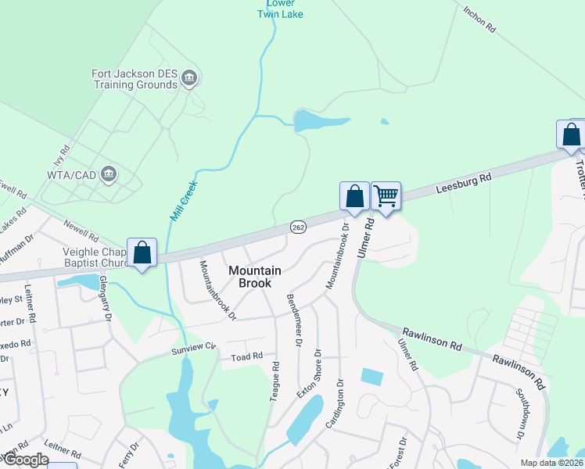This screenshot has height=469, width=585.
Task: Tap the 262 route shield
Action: pos(298,227)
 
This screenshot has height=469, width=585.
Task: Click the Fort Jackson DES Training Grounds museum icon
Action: pos(188,77)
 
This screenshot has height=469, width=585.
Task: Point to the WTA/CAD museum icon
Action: pos(109,173)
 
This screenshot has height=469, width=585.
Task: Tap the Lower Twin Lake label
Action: pos(281,9)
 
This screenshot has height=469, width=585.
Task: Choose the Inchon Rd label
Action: pos(479,20)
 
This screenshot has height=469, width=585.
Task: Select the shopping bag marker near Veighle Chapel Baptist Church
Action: pos(142,252)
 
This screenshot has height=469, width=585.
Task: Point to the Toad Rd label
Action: pos(246,357)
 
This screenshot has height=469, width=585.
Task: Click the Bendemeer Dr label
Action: pos(293,320)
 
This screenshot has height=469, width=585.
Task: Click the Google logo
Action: pos(25,460)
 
